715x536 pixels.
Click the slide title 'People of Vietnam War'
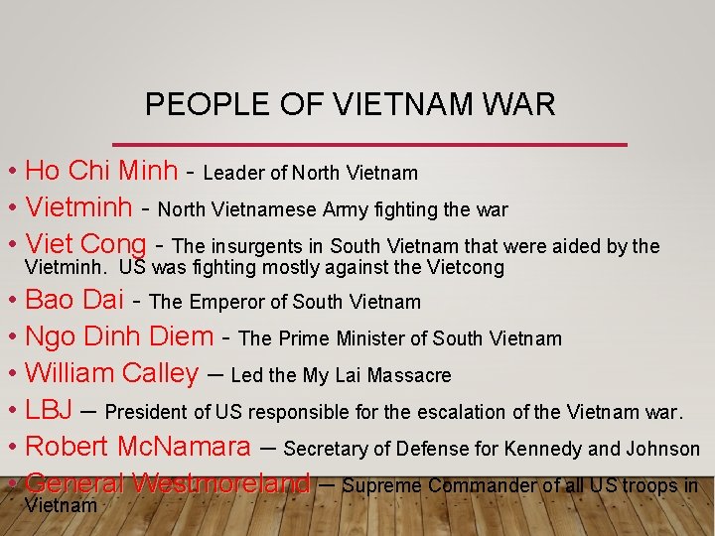click(350, 104)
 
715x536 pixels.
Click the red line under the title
click(369, 145)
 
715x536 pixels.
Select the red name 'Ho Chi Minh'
click(101, 171)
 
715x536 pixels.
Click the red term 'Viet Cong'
click(85, 244)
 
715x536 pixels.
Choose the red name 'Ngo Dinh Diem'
click(119, 337)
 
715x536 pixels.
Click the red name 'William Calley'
click(111, 374)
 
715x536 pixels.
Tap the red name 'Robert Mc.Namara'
click(137, 448)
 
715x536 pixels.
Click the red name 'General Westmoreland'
click(168, 484)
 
